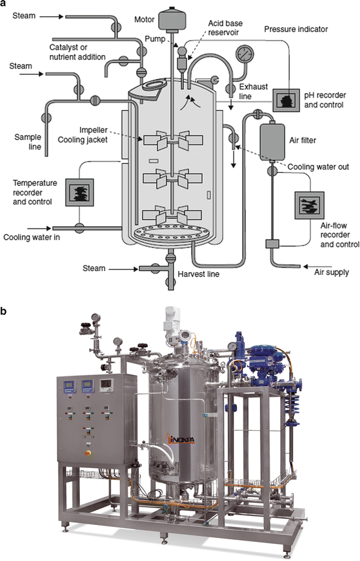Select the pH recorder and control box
point(286,99)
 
